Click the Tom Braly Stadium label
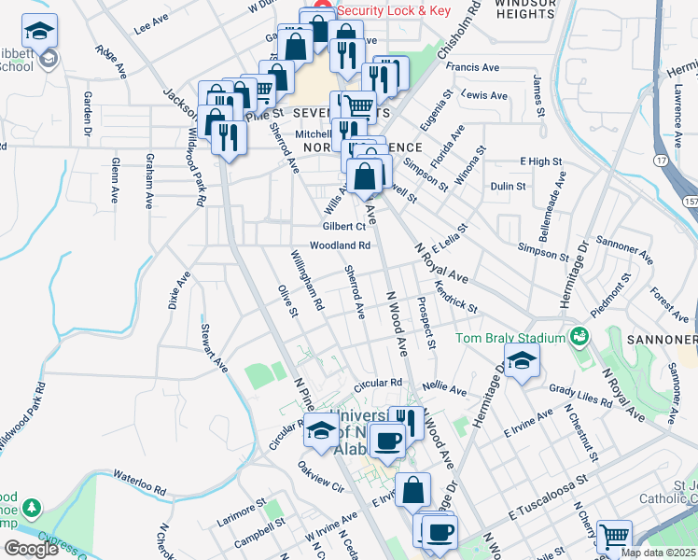pyautogui.click(x=510, y=338)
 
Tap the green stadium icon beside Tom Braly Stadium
pyautogui.click(x=579, y=335)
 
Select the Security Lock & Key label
pyautogui.click(x=393, y=10)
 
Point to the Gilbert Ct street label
pyautogui.click(x=343, y=227)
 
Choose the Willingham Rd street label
pyautogui.click(x=306, y=280)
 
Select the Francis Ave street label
pyautogui.click(x=473, y=67)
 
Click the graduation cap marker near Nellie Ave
pyautogui.click(x=522, y=360)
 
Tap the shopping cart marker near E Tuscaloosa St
pyautogui.click(x=614, y=538)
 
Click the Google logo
pyautogui.click(x=31, y=549)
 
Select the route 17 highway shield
pyautogui.click(x=661, y=161)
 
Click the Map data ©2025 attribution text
pyautogui.click(x=657, y=553)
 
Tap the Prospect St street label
pyautogui.click(x=426, y=324)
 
